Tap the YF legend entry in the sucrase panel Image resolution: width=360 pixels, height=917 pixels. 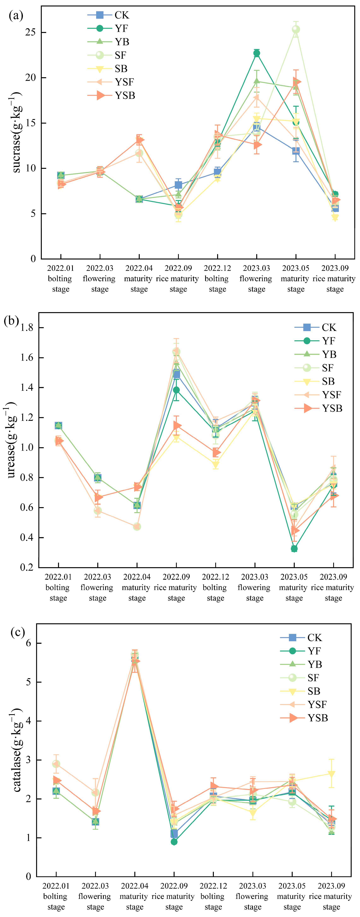coord(121,29)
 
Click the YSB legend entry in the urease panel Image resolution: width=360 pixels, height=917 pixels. coord(332,408)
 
